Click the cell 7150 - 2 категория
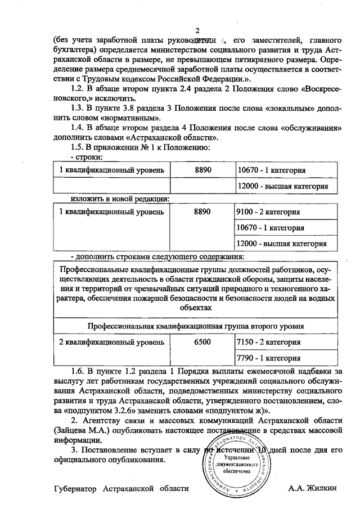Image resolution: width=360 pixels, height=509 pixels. (268, 342)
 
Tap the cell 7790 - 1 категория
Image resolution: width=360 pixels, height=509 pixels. (268, 358)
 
